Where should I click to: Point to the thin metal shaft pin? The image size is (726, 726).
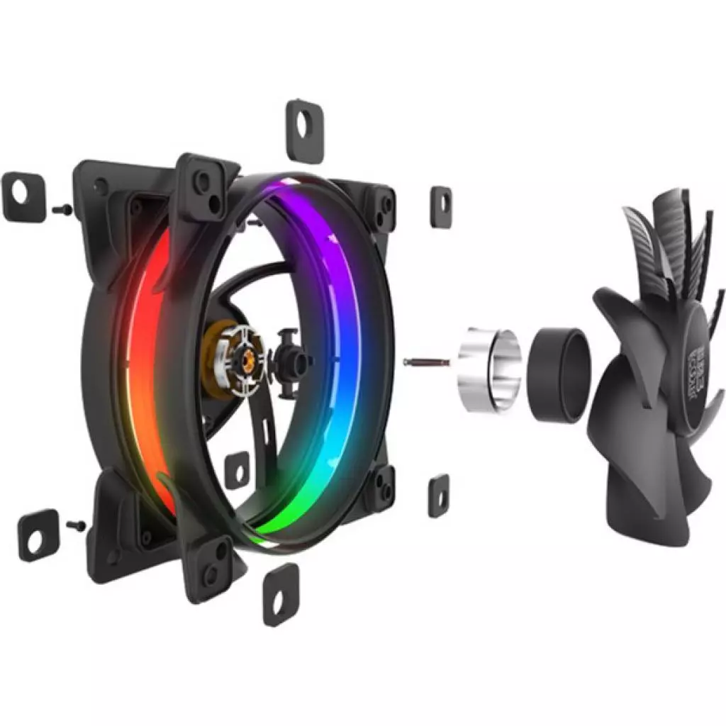pyautogui.click(x=426, y=362)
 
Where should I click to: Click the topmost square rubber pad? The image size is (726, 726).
pyautogui.click(x=304, y=131)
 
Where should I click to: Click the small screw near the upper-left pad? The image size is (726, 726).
pyautogui.click(x=62, y=209)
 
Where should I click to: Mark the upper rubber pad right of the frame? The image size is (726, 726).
pyautogui.click(x=440, y=206)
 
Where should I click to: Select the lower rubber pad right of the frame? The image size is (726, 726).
pyautogui.click(x=438, y=494)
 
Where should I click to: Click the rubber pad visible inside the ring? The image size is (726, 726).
pyautogui.click(x=236, y=469)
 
